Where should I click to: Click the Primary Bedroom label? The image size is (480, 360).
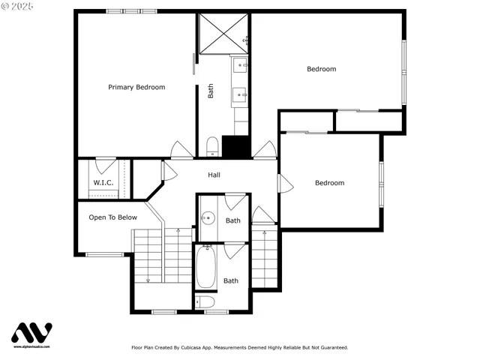coord(136,87)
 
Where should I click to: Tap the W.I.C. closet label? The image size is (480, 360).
coord(103,182)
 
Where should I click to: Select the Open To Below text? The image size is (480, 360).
coord(112,217)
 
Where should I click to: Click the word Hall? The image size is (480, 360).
coord(214,175)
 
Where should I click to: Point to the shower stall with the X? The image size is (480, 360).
coord(223,34)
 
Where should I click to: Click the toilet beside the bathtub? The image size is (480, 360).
coord(205,301)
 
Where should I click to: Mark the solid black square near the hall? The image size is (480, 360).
coord(235,147)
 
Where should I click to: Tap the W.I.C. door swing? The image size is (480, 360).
coord(106,164)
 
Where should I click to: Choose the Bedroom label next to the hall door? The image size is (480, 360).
coord(329,183)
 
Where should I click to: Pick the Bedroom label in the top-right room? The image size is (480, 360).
coord(321,69)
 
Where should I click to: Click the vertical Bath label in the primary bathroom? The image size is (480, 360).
coord(211,91)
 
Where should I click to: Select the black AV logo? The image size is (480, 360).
coord(31,333)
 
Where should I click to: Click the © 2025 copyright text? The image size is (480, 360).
coord(17,6)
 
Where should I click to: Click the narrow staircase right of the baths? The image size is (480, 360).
coord(264,259)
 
